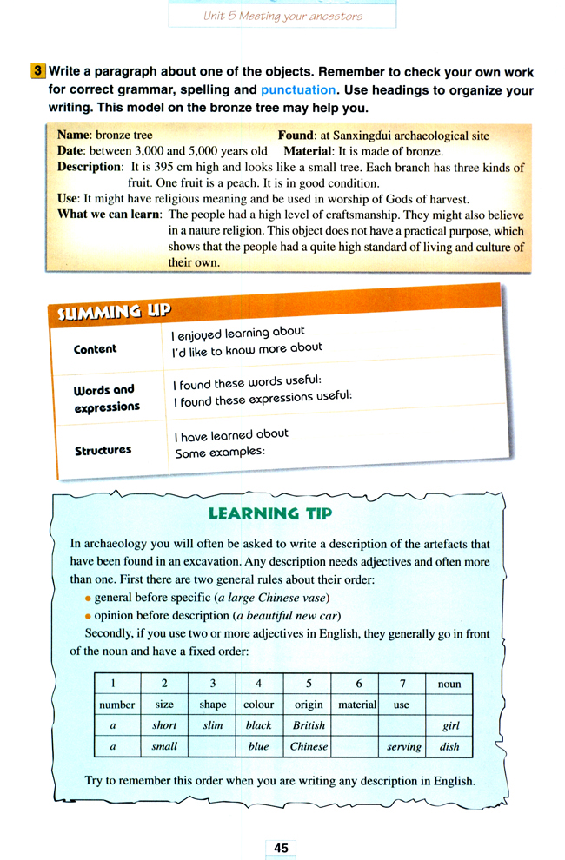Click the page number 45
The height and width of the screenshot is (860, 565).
pos(281,848)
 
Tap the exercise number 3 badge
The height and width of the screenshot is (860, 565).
pos(37,71)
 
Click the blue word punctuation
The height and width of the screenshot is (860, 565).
pos(297,89)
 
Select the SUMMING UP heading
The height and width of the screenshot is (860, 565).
pos(114,310)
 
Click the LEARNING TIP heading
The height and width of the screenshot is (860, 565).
pos(270,513)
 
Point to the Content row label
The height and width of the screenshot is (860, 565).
pos(96,348)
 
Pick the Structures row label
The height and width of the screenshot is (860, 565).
pos(103,450)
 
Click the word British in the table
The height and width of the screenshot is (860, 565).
pos(309,725)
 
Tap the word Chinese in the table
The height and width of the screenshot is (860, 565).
pos(309,746)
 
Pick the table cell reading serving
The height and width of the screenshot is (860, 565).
pos(403,746)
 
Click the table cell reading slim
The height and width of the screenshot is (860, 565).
pos(212,725)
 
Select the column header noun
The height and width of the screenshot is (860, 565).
pos(449,684)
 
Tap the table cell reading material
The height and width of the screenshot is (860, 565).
pos(356,705)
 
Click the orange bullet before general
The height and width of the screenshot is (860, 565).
pos(88,599)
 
